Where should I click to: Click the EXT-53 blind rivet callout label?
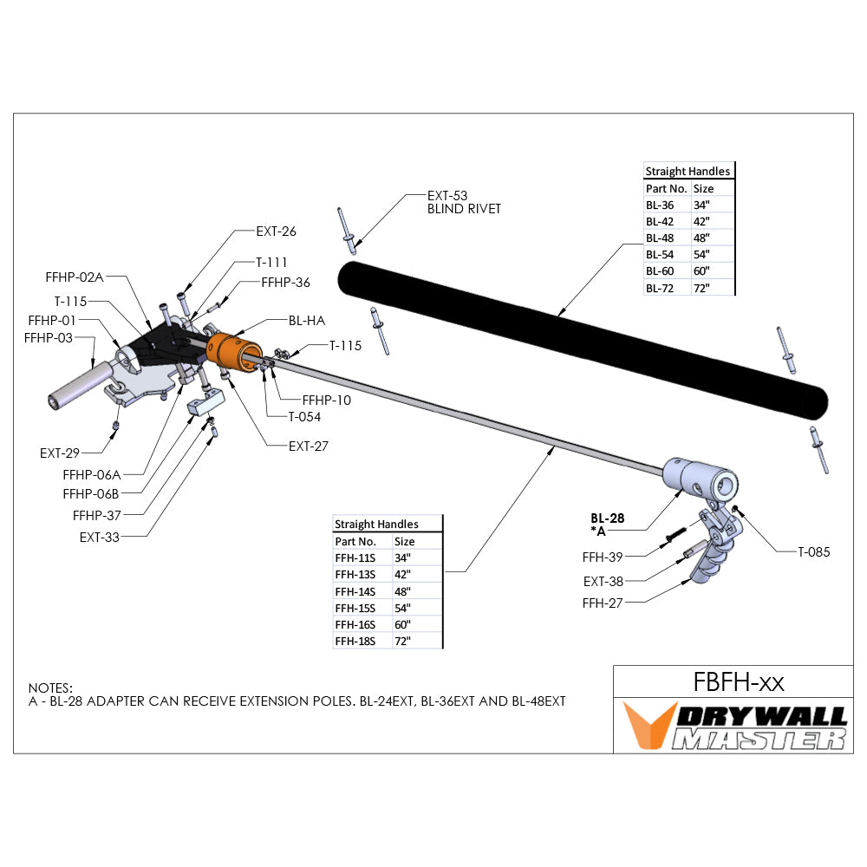point(447,196)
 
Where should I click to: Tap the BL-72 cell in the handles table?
point(660,287)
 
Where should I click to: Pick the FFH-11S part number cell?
point(354,558)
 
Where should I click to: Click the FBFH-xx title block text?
point(739,682)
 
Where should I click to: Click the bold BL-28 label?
point(607,517)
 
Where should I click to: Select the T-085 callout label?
point(813,551)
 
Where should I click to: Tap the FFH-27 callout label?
point(603,601)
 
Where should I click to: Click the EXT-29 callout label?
point(61,453)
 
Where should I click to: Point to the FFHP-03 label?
point(49,336)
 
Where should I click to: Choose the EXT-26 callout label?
point(276,231)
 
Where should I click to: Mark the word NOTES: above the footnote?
point(50,687)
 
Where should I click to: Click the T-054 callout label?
point(304,416)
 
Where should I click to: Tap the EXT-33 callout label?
point(100,537)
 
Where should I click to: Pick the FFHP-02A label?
point(75,277)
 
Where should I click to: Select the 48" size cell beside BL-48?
point(701,238)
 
